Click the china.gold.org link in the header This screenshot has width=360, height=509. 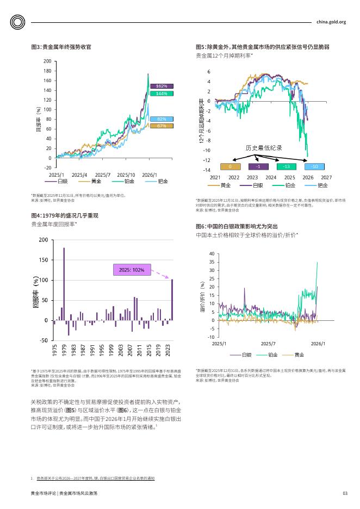click(x=331, y=22)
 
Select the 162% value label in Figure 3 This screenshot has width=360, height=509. click(x=161, y=86)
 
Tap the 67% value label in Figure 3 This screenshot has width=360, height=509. click(x=161, y=126)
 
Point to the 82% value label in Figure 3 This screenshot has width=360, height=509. click(x=161, y=119)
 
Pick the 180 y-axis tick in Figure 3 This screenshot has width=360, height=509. click(x=47, y=71)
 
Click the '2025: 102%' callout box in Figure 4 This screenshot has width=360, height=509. click(x=131, y=270)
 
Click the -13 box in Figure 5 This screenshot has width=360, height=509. click(x=287, y=166)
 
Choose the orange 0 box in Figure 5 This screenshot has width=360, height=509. click(x=231, y=166)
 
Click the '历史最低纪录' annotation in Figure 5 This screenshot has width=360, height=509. click(x=263, y=148)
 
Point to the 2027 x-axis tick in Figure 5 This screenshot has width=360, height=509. click(x=326, y=177)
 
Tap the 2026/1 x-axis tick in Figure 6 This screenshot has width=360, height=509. click(x=318, y=344)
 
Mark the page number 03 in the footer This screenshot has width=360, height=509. click(x=344, y=493)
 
